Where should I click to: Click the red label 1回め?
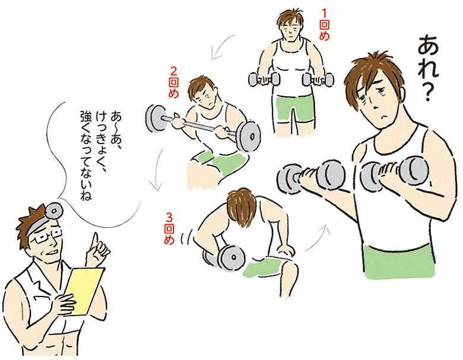324,25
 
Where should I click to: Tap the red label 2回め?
173,82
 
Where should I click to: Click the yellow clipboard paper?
84,291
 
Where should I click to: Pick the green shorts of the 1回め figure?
294,108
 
